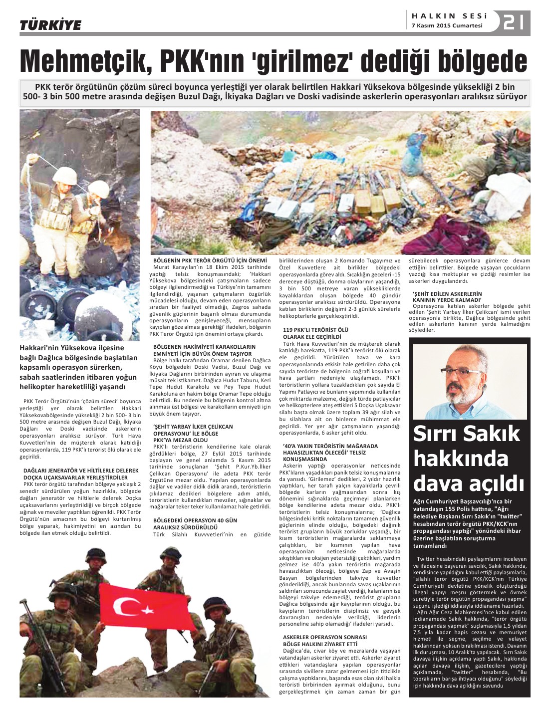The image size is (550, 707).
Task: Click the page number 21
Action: tap(514, 22)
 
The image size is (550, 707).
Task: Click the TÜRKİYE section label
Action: tap(50, 25)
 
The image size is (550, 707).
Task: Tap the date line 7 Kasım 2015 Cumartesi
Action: tap(447, 26)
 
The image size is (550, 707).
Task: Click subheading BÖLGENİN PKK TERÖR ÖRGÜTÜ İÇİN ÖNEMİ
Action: tap(210, 260)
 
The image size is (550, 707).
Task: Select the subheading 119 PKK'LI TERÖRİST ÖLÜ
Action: tap(315, 330)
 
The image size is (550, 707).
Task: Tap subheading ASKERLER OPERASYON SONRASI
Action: tap(324, 637)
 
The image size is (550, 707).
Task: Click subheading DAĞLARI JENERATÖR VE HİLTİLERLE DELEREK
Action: tap(81, 471)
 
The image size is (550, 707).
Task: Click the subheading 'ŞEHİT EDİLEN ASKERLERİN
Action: tap(447, 293)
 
